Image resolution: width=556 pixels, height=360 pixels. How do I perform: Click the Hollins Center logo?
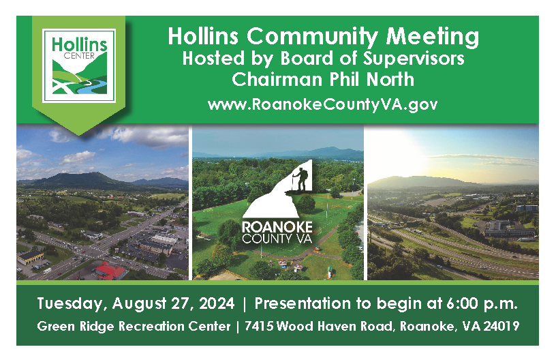[x=79, y=65]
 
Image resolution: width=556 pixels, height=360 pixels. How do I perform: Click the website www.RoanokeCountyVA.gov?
[x=322, y=105]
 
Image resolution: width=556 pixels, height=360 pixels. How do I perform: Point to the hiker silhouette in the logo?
[x=299, y=180]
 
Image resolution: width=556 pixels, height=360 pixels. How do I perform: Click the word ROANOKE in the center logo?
[x=277, y=226]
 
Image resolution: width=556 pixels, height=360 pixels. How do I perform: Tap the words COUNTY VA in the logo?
[x=277, y=240]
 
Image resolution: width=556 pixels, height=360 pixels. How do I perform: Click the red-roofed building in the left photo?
[x=109, y=271]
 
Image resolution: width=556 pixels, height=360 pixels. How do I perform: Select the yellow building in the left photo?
[x=31, y=256]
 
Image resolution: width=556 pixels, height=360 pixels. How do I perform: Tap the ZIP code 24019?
[x=504, y=326]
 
